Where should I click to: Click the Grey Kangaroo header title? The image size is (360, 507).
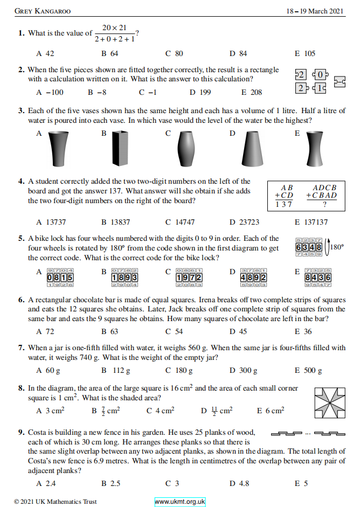43,10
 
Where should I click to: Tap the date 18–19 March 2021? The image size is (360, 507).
316,10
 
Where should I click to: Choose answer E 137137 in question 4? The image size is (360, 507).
311,221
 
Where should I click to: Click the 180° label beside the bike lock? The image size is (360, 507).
336,247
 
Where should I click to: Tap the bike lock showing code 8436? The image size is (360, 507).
317,277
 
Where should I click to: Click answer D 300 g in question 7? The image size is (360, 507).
243,370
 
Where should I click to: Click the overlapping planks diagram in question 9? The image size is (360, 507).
307,433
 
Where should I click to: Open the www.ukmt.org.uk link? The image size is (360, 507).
180,502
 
